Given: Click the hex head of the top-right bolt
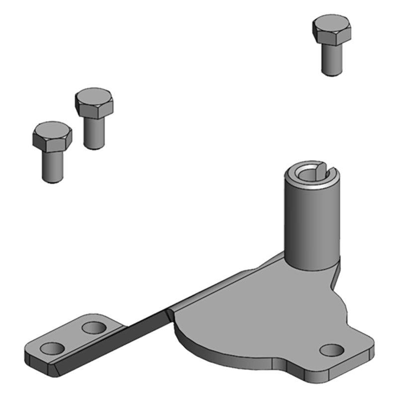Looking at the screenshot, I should (332, 29).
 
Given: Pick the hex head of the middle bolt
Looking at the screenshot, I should (94, 103).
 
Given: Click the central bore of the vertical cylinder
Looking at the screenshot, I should (309, 173).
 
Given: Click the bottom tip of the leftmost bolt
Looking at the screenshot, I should (52, 180).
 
